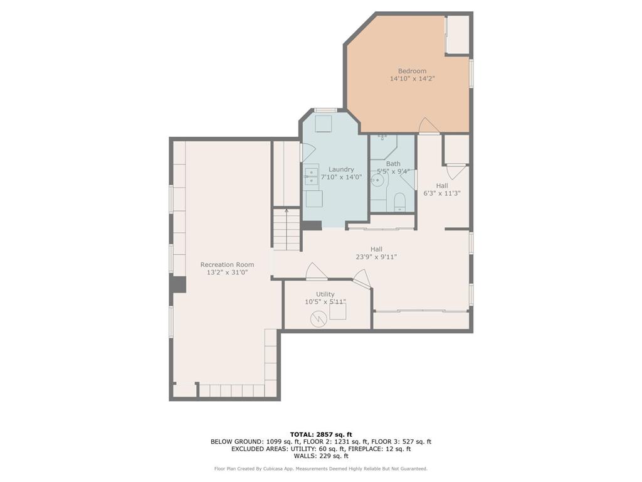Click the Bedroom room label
412,71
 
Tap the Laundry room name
341,169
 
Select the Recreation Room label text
227,265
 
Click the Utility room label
325,294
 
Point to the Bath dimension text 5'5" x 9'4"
393,171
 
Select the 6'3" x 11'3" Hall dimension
442,194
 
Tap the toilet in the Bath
399,202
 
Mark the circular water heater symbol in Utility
318,319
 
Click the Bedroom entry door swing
429,126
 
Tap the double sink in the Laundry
311,176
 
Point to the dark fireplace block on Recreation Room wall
179,284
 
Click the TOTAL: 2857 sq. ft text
321,434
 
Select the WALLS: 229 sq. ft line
321,457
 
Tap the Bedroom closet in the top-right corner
458,35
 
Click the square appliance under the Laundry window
324,124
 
